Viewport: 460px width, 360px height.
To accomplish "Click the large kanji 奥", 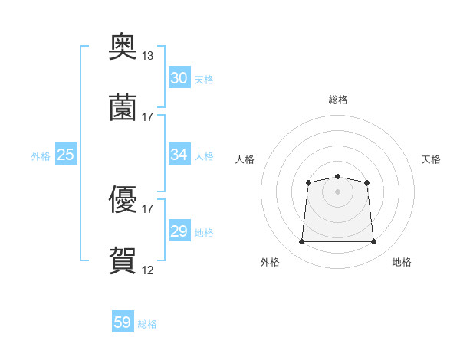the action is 123,46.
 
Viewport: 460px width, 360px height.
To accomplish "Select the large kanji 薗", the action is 123,107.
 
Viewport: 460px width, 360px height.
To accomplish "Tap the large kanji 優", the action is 123,199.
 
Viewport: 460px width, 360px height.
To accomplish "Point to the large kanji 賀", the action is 123,260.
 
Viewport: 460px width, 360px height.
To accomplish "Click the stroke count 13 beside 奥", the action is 147,56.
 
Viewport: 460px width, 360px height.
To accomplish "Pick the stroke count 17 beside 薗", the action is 147,117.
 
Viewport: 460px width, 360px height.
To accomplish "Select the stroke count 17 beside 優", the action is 147,209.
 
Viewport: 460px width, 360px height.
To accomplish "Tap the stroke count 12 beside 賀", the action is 147,270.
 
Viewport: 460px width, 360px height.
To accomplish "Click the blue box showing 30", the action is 179,77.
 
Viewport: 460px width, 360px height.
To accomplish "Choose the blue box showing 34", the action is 179,154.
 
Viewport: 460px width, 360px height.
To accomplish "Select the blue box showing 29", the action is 179,230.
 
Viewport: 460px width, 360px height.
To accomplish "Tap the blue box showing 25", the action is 66,154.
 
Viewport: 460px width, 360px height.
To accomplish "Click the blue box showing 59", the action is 123,321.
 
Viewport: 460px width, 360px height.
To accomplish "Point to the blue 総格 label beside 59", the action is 147,324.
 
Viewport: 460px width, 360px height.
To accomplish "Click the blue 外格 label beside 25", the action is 41,156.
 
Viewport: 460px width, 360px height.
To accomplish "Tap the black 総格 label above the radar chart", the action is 338,100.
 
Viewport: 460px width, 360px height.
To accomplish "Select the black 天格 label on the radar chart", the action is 431,159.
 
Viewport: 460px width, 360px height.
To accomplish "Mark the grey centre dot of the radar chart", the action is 337,191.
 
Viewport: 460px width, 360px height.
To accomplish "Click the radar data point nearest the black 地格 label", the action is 373,241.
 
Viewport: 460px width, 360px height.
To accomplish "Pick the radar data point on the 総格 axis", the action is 337,176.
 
